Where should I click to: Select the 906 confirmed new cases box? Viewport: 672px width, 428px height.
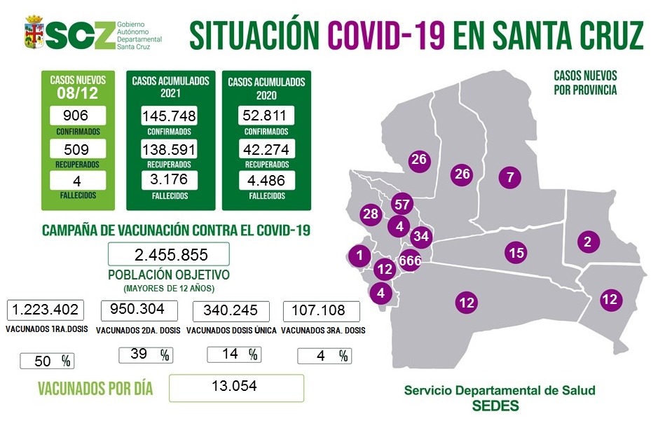(x=78, y=116)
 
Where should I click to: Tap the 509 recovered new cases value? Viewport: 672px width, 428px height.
(x=78, y=148)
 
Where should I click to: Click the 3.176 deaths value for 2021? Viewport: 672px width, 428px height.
(x=168, y=180)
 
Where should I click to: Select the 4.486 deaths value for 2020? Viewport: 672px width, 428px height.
(x=265, y=180)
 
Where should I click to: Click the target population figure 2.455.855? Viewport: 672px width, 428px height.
(x=168, y=254)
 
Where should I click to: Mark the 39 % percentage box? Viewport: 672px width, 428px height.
(x=145, y=355)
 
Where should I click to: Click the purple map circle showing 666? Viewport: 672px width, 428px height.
(x=409, y=261)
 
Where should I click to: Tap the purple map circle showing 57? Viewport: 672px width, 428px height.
(x=402, y=205)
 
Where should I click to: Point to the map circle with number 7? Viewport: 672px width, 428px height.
(x=511, y=177)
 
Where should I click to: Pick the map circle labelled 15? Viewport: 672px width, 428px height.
(x=516, y=253)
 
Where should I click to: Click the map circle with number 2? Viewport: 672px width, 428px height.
(x=587, y=242)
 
